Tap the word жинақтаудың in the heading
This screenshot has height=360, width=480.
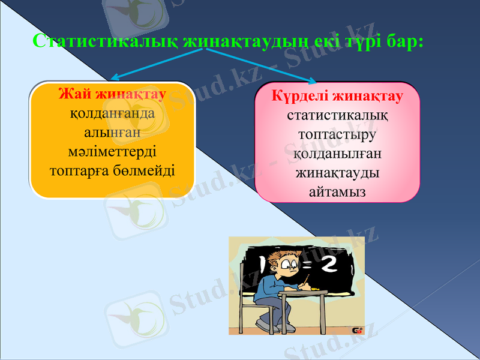(x=245, y=41)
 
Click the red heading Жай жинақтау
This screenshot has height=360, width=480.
(x=112, y=95)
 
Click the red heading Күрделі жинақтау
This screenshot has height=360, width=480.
(x=337, y=96)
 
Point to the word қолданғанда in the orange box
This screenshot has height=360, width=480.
(x=112, y=113)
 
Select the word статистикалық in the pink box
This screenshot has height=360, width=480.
(x=337, y=115)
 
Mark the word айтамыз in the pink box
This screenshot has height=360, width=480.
(x=337, y=191)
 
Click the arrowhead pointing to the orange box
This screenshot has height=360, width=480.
(x=116, y=77)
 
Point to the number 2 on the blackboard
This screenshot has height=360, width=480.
(x=329, y=265)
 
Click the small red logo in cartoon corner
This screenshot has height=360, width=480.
(x=355, y=330)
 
